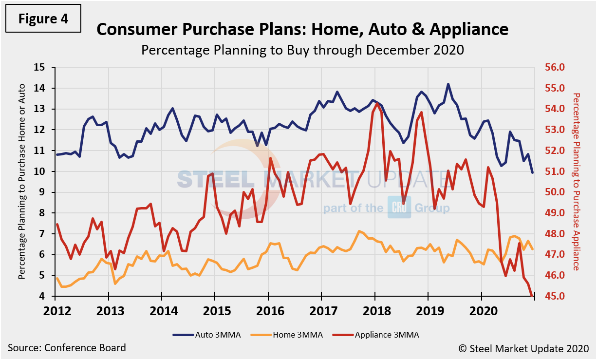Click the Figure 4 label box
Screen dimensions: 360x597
[43, 19]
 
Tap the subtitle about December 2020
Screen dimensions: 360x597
[302, 50]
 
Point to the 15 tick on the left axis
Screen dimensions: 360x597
[39, 67]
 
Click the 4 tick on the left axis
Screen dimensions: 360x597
[42, 297]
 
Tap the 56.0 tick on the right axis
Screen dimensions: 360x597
[554, 67]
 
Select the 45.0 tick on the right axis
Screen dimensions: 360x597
[554, 297]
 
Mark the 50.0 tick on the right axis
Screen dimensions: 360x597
[554, 192]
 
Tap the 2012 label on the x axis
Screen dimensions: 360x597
[55, 310]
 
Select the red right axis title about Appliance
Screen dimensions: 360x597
[577, 181]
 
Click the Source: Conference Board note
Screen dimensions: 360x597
[67, 348]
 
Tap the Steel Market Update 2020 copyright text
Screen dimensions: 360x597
[523, 348]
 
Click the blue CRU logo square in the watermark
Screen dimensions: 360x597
[399, 208]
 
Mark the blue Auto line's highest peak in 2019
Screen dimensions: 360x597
[448, 84]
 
